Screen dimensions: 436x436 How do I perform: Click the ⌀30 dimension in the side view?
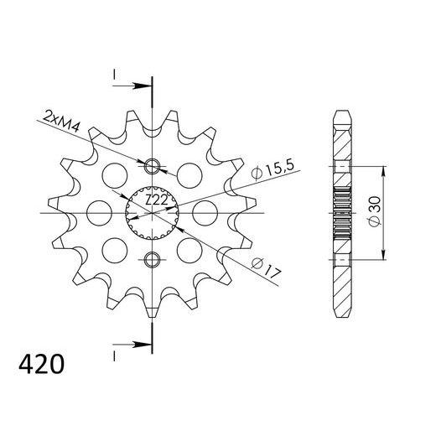pyautogui.click(x=374, y=211)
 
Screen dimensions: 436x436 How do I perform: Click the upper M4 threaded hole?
pyautogui.click(x=152, y=163)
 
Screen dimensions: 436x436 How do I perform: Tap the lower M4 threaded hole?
pyautogui.click(x=152, y=257)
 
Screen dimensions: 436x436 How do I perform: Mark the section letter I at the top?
pyautogui.click(x=113, y=76)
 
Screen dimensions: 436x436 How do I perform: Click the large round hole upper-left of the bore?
pyautogui.click(x=110, y=174)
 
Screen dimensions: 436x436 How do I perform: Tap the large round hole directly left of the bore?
pyautogui.click(x=95, y=210)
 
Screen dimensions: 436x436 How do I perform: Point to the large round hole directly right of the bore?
pyautogui.click(x=208, y=210)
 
